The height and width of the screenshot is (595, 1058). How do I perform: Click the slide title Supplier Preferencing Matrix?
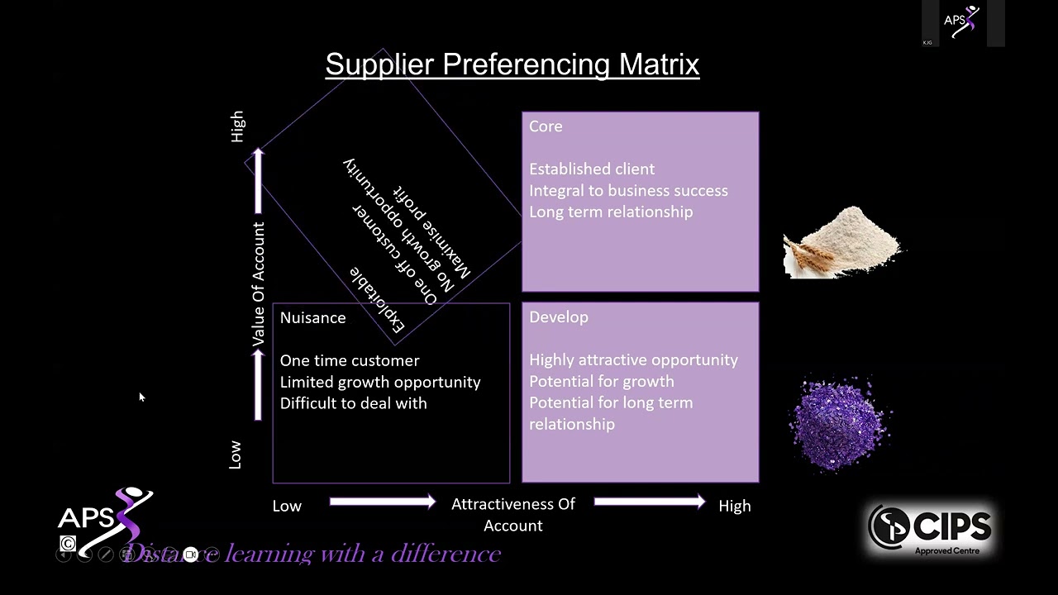click(512, 64)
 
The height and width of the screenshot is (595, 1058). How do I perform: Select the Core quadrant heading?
click(546, 126)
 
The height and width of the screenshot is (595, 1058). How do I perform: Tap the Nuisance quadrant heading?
click(312, 318)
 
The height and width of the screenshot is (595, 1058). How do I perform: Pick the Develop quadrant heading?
click(559, 317)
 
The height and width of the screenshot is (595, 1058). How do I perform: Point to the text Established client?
click(592, 169)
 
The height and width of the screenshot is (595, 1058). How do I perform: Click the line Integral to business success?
click(628, 191)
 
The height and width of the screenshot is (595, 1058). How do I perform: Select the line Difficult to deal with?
click(353, 403)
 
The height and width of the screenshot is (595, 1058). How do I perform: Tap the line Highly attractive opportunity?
click(633, 360)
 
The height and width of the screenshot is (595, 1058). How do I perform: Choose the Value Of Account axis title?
click(259, 284)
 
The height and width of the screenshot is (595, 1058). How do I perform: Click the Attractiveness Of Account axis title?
click(512, 514)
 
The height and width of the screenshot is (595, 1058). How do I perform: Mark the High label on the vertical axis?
click(238, 126)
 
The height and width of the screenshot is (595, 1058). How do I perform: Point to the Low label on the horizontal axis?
click(287, 507)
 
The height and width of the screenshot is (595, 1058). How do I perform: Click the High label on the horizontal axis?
click(734, 507)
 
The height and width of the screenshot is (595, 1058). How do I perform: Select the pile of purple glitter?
click(841, 423)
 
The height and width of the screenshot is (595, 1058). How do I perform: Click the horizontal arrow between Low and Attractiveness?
click(382, 502)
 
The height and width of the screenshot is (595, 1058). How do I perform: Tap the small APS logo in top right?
click(961, 22)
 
